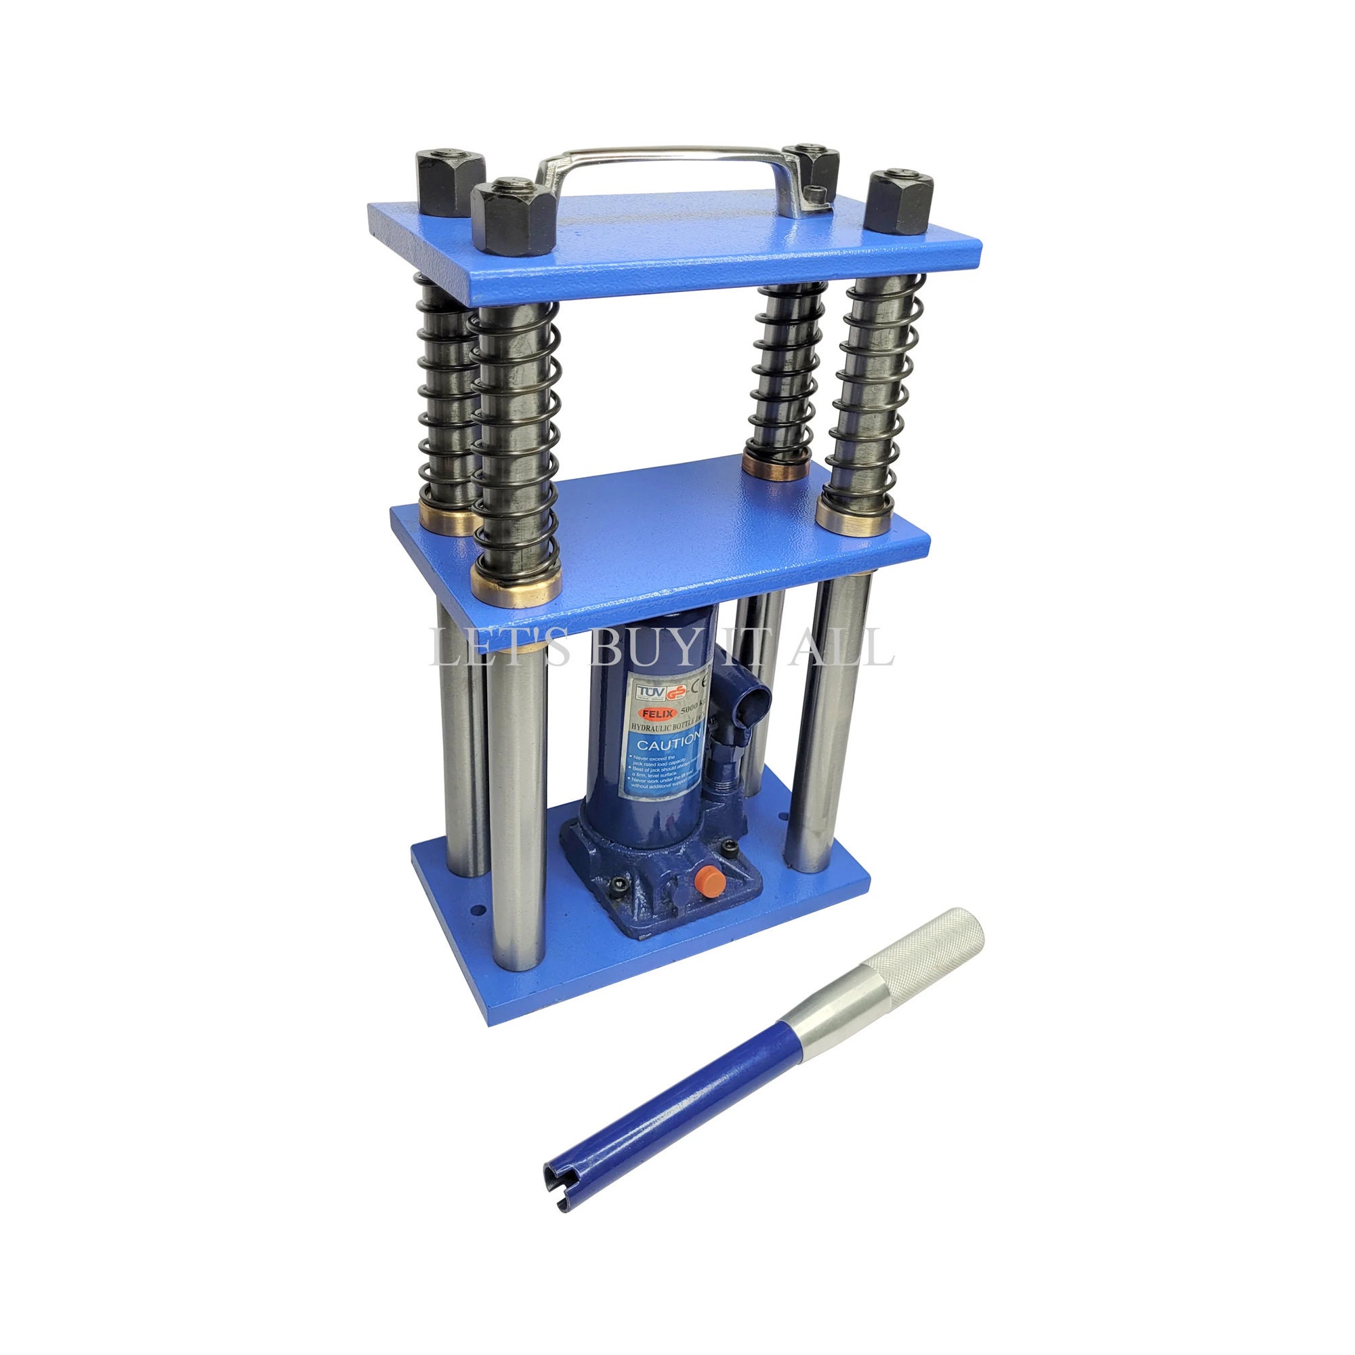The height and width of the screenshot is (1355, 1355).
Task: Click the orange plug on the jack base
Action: pos(709,879)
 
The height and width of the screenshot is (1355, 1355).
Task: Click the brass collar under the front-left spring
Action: pos(517,583)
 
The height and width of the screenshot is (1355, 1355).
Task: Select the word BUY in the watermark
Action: pos(645,646)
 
